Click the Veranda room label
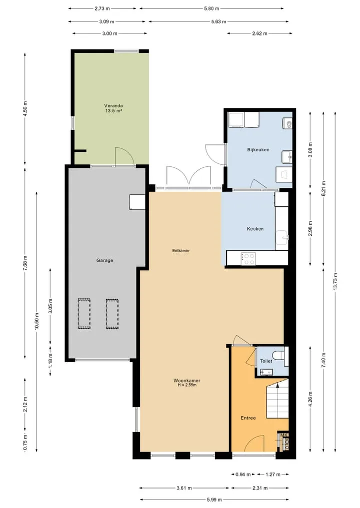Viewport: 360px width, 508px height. tap(113, 105)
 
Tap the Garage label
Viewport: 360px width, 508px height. tap(105, 260)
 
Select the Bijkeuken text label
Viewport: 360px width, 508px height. tap(258, 150)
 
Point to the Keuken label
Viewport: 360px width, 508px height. tap(255, 229)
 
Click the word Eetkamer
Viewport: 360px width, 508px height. tap(181, 250)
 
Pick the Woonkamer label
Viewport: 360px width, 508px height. tap(187, 381)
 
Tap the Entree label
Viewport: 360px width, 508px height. tap(248, 418)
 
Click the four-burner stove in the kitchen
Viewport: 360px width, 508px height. tap(248, 259)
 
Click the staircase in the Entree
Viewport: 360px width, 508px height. tap(277, 400)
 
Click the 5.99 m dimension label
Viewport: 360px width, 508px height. tap(214, 500)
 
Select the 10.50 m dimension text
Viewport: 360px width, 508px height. tap(36, 321)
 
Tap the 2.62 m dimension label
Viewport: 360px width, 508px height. tap(260, 33)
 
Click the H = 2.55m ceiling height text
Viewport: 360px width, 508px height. tap(187, 385)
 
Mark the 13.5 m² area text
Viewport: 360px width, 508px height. tap(113, 110)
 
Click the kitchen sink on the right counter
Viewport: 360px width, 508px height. tap(282, 236)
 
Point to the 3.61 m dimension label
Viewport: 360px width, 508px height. tap(184, 488)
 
